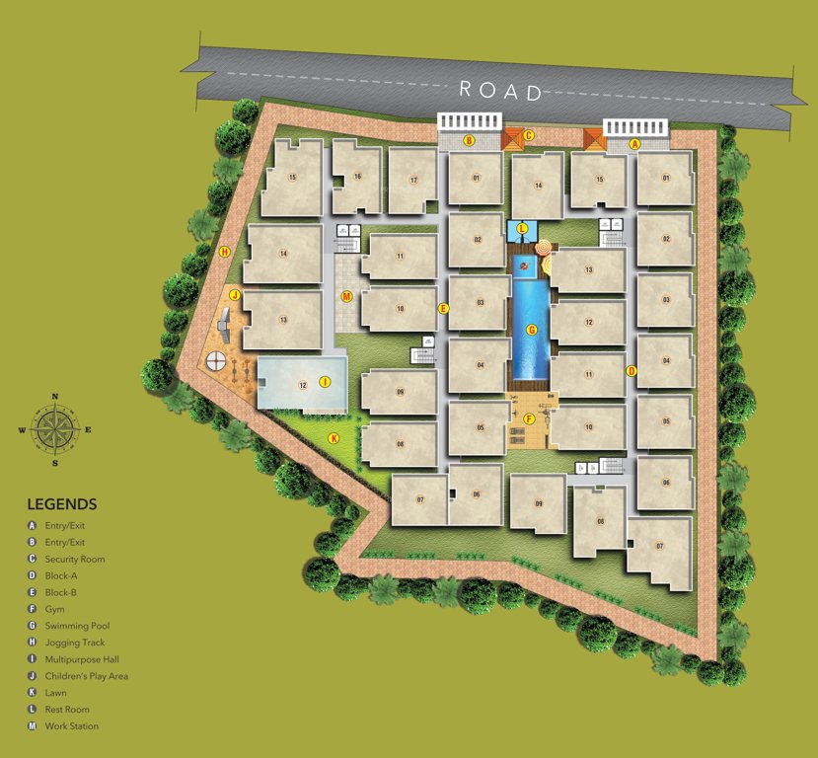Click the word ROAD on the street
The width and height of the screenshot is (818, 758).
click(501, 91)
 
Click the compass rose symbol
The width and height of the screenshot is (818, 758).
click(55, 430)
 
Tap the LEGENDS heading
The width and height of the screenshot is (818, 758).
click(62, 503)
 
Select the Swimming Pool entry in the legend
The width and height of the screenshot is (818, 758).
click(77, 626)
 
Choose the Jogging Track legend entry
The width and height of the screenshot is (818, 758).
click(75, 643)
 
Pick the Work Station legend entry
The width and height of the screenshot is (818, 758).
click(71, 726)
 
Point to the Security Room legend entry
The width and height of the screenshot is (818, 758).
click(75, 559)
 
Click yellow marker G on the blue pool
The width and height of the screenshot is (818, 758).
click(532, 330)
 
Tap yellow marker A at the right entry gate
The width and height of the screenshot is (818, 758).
click(635, 143)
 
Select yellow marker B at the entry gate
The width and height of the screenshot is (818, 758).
click(470, 141)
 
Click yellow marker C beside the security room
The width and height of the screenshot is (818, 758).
click(529, 135)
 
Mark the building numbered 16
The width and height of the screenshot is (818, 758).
click(357, 177)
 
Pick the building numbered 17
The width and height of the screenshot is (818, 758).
click(413, 180)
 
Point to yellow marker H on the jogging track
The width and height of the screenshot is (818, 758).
click(225, 253)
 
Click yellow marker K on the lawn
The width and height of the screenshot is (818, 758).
click(334, 438)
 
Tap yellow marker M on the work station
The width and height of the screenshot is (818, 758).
click(346, 296)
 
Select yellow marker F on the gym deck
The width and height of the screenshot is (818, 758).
click(530, 418)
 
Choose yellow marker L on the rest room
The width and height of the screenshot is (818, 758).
click(522, 229)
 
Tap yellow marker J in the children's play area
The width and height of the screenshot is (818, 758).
click(235, 294)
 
